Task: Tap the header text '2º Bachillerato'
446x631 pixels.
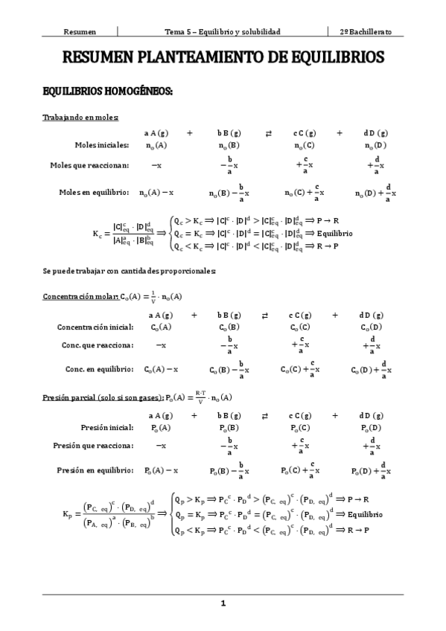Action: tap(366, 32)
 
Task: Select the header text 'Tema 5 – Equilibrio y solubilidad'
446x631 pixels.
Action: tap(222, 32)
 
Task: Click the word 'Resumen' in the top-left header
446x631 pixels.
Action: tap(80, 32)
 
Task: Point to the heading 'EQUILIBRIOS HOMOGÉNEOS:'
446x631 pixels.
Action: tap(108, 92)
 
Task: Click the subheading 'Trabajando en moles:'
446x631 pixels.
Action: tap(80, 117)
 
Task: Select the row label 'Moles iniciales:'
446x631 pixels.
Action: tap(102, 145)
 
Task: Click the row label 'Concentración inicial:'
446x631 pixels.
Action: tap(95, 327)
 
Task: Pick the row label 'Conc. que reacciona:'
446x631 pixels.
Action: tap(98, 345)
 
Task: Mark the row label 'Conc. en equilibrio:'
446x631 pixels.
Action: tap(99, 369)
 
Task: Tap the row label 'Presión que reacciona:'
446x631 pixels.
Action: tap(94, 445)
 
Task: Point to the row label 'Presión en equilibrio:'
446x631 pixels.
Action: tap(95, 470)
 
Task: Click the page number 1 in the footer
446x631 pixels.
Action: tap(223, 603)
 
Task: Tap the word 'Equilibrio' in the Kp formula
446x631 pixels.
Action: tap(364, 514)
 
